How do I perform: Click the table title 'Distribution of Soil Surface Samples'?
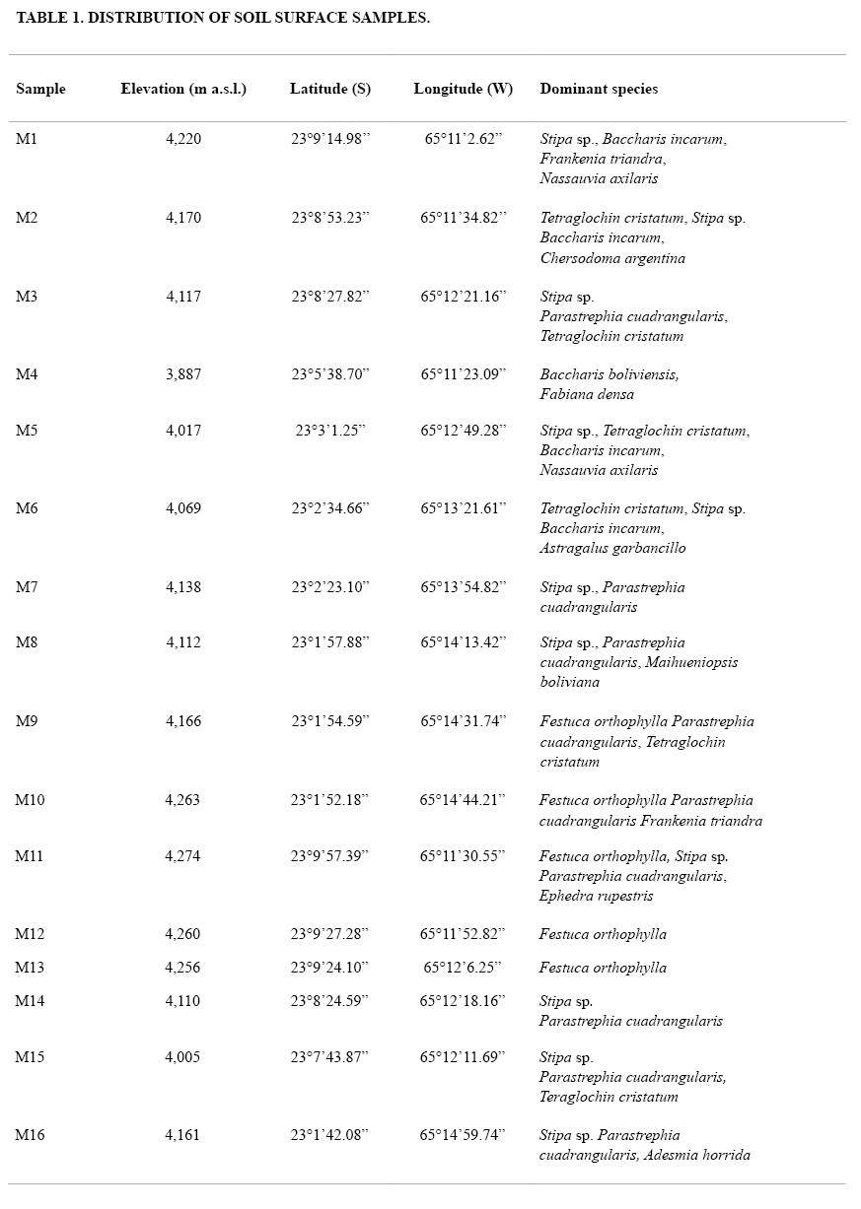click(x=223, y=18)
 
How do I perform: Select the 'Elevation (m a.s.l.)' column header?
click(x=183, y=89)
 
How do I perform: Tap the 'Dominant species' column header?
click(x=599, y=89)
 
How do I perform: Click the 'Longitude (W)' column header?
click(x=464, y=89)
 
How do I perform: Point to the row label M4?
click(x=27, y=374)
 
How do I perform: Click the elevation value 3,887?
click(x=183, y=374)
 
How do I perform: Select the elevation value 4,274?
click(x=182, y=856)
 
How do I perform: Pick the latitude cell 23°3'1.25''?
click(x=330, y=431)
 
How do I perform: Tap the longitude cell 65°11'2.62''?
click(x=464, y=139)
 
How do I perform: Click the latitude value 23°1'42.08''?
click(x=330, y=1135)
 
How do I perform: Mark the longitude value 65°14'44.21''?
click(x=464, y=800)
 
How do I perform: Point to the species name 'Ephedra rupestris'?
click(x=596, y=896)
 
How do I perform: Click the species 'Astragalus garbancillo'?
click(x=612, y=548)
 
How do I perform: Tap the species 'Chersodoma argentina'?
click(x=612, y=258)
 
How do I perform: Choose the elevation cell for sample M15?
click(x=182, y=1057)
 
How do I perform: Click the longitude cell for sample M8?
click(x=464, y=642)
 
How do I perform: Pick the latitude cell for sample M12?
click(x=330, y=934)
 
